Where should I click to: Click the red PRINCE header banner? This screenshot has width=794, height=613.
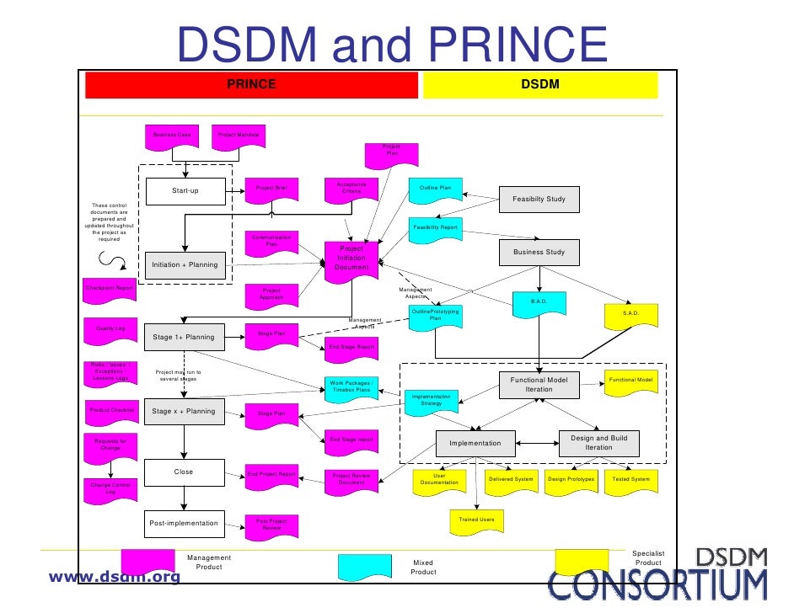tap(250, 85)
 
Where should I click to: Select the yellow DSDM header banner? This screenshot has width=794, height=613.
tap(539, 85)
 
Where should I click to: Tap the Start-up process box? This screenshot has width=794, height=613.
tap(185, 191)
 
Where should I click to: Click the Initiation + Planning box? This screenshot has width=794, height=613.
tap(185, 264)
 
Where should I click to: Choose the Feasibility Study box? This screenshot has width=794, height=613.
tap(539, 199)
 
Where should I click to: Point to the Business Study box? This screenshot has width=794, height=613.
tap(539, 252)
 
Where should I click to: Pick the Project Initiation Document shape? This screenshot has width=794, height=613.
tap(351, 258)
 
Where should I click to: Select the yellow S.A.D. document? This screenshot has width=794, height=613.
tap(630, 314)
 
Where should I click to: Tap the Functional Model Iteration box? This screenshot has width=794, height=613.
tap(539, 385)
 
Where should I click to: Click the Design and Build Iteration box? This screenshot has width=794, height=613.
tap(598, 443)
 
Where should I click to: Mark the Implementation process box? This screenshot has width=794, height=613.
tap(475, 443)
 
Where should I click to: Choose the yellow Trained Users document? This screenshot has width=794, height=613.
tap(476, 521)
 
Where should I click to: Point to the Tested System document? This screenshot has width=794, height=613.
tap(630, 480)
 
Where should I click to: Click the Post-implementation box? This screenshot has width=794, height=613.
tap(185, 523)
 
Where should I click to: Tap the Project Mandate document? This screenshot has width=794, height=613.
tap(239, 136)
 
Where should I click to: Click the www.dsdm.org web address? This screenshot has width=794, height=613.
tap(115, 577)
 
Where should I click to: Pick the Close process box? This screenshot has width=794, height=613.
tap(185, 472)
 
